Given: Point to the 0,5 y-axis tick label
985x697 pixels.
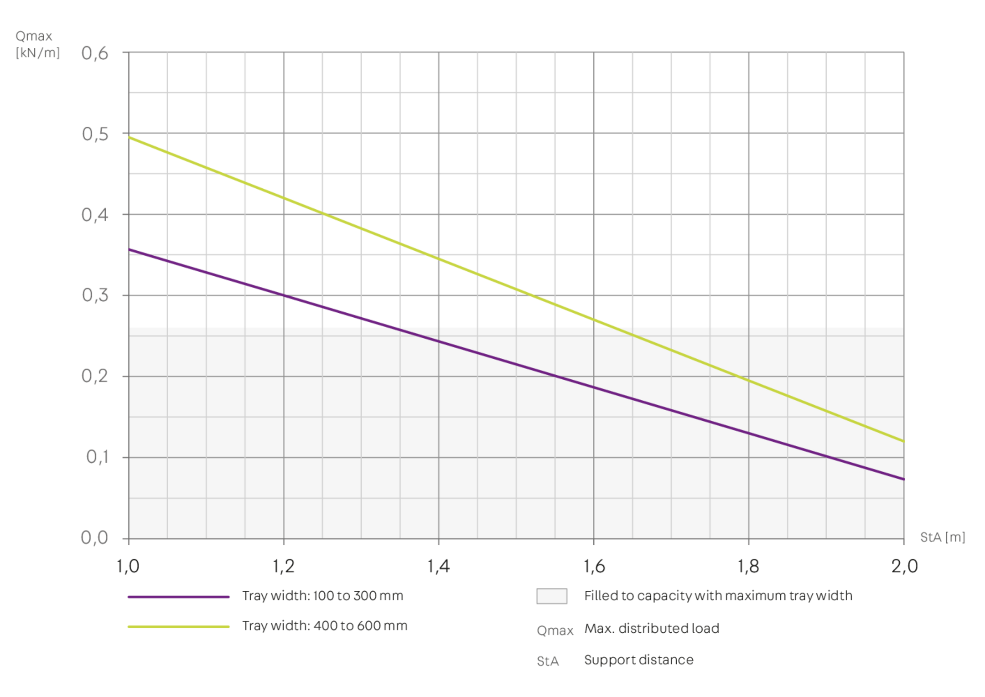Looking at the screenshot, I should pyautogui.click(x=95, y=134).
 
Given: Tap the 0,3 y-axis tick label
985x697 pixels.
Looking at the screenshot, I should pyautogui.click(x=95, y=295).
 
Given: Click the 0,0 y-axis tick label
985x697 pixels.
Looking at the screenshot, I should pyautogui.click(x=95, y=538).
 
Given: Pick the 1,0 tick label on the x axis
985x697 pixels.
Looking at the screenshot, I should pyautogui.click(x=129, y=566).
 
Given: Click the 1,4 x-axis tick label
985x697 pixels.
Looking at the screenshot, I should pyautogui.click(x=439, y=566).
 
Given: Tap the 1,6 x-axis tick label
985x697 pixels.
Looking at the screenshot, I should pyautogui.click(x=594, y=566).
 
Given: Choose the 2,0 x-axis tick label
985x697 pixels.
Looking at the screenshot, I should pyautogui.click(x=903, y=566).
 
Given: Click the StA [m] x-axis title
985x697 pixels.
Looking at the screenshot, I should pyautogui.click(x=942, y=537).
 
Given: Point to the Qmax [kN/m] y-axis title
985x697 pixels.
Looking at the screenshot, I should pyautogui.click(x=37, y=45).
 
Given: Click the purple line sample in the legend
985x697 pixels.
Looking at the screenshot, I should pyautogui.click(x=179, y=596).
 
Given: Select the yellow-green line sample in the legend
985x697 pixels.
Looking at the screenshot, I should pyautogui.click(x=179, y=627).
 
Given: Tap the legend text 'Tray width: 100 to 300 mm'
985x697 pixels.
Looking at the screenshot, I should pyautogui.click(x=323, y=596).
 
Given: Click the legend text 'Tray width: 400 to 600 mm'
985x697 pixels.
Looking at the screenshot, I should pyautogui.click(x=325, y=626).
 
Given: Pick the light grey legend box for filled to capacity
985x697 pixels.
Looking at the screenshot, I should pyautogui.click(x=551, y=596).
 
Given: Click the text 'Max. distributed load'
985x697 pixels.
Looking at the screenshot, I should pyautogui.click(x=651, y=629).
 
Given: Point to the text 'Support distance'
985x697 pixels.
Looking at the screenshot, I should pyautogui.click(x=638, y=660).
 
